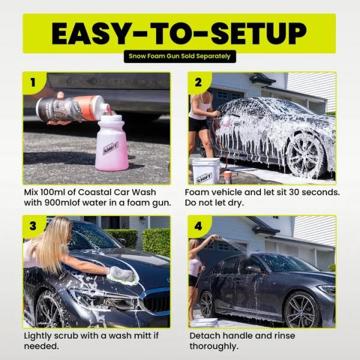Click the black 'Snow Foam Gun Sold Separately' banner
coord(179,57)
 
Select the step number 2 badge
coord(196,80)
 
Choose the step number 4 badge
coord(196,224)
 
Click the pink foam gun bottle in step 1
coord(112,144)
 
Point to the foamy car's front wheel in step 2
coord(306,155)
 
